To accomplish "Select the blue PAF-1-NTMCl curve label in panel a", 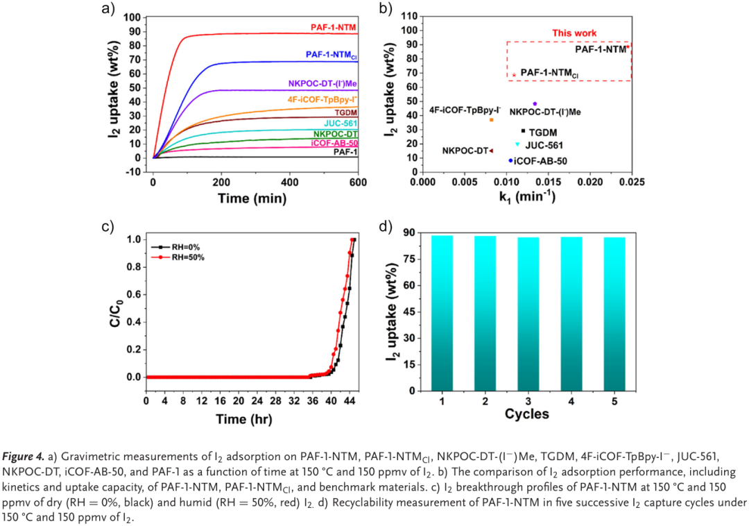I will tap(332, 54).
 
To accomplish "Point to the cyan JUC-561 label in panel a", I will tap(342, 123).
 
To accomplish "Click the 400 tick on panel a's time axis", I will tap(289, 182).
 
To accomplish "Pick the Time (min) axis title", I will tap(252, 198).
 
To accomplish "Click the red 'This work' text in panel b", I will tap(574, 33).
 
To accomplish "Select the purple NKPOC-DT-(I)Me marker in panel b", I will tap(535, 103).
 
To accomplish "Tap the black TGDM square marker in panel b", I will tap(523, 130).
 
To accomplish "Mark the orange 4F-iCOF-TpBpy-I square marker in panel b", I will tap(491, 120).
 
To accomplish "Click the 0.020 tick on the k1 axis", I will tap(589, 182).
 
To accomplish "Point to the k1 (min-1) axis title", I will tap(527, 198).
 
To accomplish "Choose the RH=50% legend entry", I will tap(182, 257).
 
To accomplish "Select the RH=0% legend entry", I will tap(182, 246).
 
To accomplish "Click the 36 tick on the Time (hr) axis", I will tap(311, 401).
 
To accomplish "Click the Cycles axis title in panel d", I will tap(526, 414).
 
